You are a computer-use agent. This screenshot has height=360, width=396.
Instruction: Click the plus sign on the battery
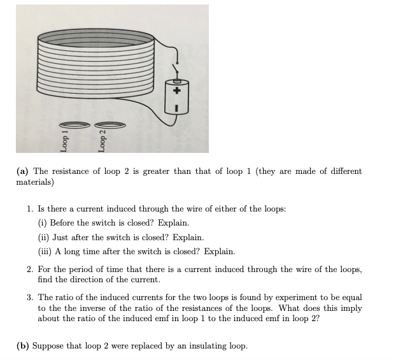tap(178, 90)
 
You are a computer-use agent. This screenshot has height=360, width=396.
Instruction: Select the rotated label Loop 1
tap(64, 143)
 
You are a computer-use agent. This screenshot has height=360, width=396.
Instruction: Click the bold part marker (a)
tap(23, 171)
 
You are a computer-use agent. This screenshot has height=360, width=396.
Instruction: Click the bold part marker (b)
tap(23, 346)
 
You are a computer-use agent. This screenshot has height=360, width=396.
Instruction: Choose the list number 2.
tap(30, 270)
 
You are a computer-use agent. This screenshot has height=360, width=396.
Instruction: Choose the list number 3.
tap(30, 298)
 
